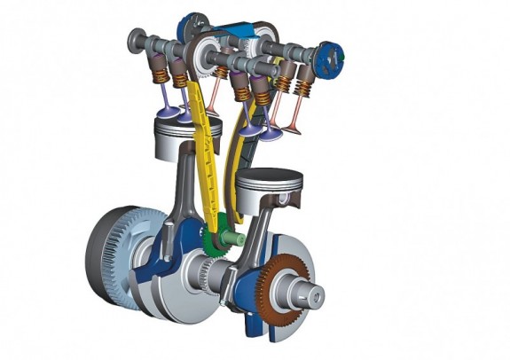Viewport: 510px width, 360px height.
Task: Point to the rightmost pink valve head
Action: click(292, 132)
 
